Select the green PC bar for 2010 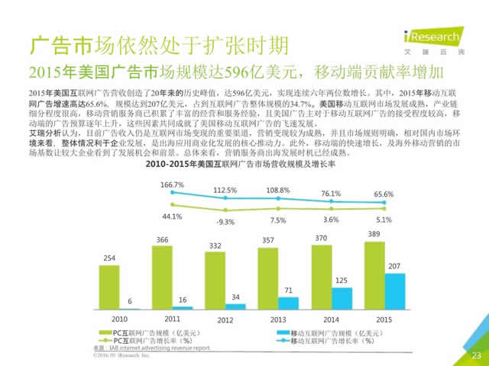[109, 286]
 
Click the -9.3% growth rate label [225, 222]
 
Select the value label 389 [374, 233]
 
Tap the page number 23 [476, 355]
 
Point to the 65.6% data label [384, 194]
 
